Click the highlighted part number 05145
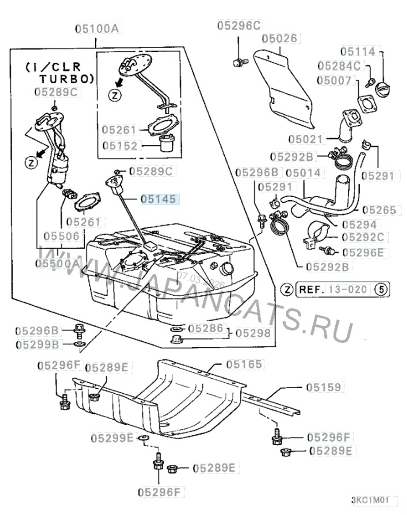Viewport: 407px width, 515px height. coord(159,199)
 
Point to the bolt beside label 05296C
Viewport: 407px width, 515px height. coord(238,62)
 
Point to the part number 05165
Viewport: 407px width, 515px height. coord(244,364)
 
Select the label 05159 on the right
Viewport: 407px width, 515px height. coord(323,387)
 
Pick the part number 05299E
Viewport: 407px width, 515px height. coord(112,438)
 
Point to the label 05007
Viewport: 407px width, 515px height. coord(335,81)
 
